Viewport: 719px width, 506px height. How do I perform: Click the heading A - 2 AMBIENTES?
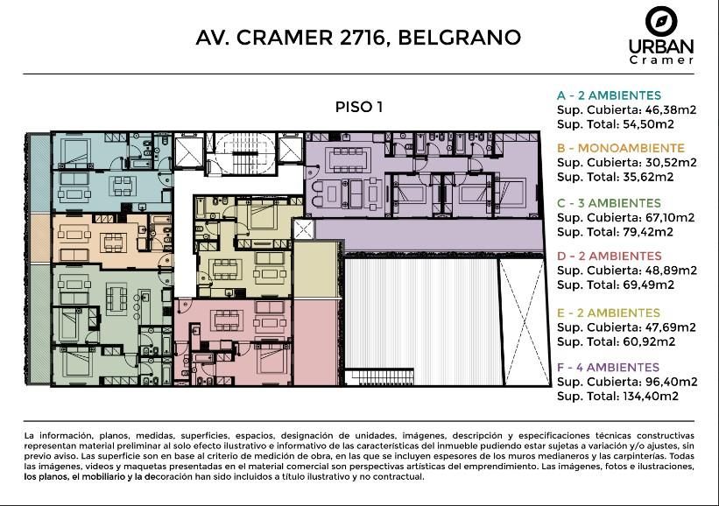click(609, 95)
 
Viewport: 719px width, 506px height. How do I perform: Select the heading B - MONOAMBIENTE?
click(621, 148)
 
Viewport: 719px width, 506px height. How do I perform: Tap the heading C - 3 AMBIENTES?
click(609, 203)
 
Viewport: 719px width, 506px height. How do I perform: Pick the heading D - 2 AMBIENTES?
click(610, 256)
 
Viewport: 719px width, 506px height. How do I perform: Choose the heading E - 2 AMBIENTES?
click(609, 313)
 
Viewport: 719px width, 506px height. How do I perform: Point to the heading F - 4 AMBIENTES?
click(608, 367)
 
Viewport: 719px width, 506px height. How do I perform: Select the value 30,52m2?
click(670, 163)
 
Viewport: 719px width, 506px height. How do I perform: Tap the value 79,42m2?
click(647, 232)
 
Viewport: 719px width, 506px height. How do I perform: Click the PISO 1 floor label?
click(359, 107)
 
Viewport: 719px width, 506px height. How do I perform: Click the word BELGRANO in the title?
click(459, 38)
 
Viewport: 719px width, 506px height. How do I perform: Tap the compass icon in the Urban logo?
click(661, 22)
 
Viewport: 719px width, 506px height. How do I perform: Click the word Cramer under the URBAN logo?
click(661, 60)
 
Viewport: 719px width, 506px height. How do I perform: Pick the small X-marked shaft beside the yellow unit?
click(304, 229)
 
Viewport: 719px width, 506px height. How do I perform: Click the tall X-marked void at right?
click(524, 322)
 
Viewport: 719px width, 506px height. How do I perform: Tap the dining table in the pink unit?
click(227, 320)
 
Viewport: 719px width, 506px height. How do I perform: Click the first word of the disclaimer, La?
click(30, 435)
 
